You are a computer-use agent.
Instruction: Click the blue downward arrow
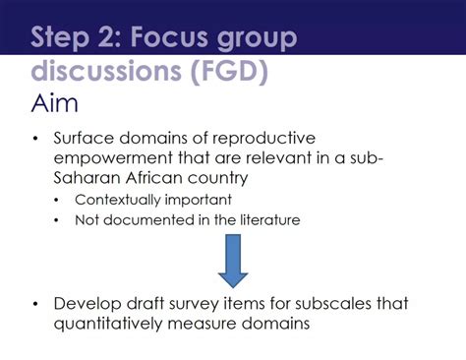pyautogui.click(x=233, y=258)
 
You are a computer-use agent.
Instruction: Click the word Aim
pyautogui.click(x=56, y=102)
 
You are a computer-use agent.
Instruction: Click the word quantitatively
pyautogui.click(x=120, y=323)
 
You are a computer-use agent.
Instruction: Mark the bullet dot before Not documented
pyautogui.click(x=57, y=220)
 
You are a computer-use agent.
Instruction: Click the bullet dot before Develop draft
pyautogui.click(x=36, y=304)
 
